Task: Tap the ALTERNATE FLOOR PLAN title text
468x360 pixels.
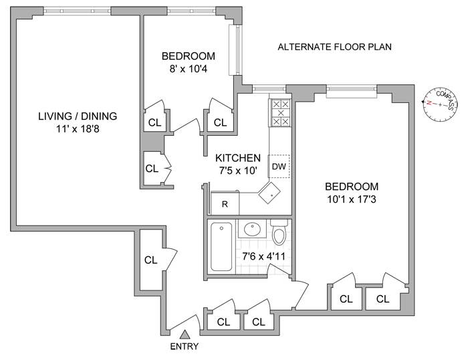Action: (334, 47)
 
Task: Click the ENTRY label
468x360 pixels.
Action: (185, 346)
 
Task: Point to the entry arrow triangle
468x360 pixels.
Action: (185, 333)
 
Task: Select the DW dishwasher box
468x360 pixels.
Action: (278, 167)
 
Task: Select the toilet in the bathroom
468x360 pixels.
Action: (279, 234)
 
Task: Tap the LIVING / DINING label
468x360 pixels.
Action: (78, 116)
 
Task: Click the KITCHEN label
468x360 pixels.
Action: (237, 158)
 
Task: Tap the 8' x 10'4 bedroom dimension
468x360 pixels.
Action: (188, 68)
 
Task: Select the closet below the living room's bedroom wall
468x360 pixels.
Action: (152, 168)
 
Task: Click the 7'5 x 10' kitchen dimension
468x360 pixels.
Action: (237, 171)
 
